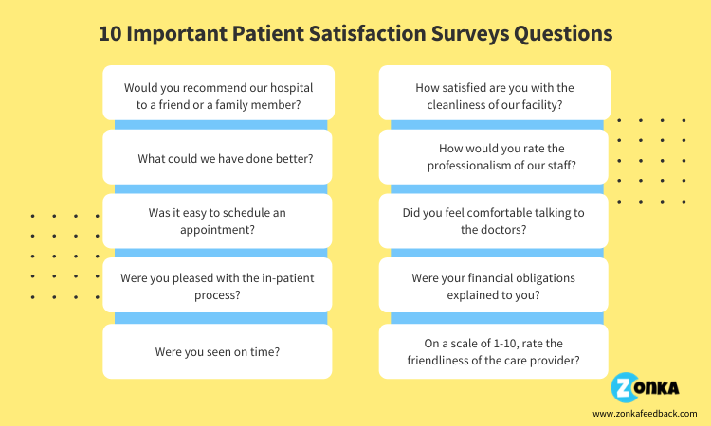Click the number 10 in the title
pyautogui.click(x=112, y=33)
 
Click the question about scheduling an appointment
pyautogui.click(x=218, y=221)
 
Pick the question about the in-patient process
pyautogui.click(x=218, y=286)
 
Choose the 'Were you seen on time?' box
pyautogui.click(x=218, y=351)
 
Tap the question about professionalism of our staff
pyautogui.click(x=494, y=157)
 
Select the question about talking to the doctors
pyautogui.click(x=494, y=221)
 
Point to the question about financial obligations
pyautogui.click(x=494, y=286)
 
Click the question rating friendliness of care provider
pyautogui.click(x=494, y=351)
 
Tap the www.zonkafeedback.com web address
pyautogui.click(x=645, y=414)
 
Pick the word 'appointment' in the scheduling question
pyautogui.click(x=217, y=229)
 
